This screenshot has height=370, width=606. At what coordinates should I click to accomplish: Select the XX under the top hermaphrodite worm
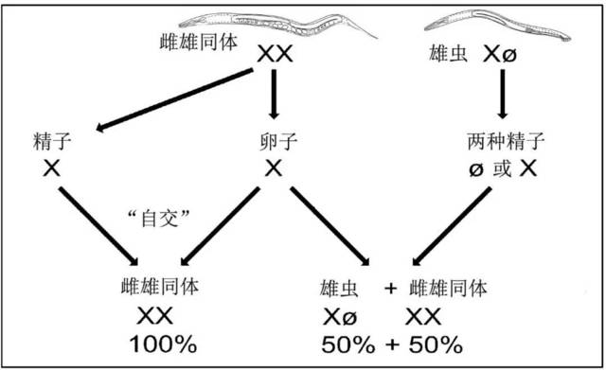click(276, 55)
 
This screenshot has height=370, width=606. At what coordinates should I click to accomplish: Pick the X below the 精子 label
click(45, 168)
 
